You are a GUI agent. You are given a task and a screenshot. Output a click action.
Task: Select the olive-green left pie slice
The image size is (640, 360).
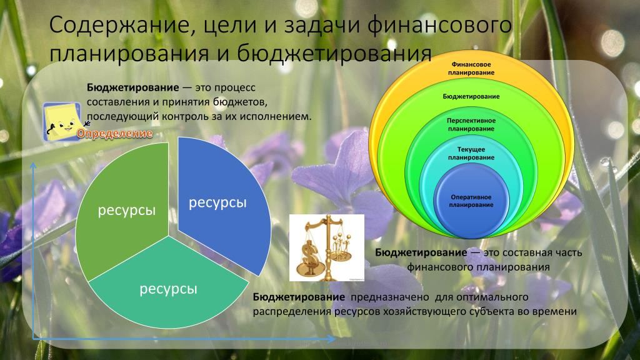pos(122,208)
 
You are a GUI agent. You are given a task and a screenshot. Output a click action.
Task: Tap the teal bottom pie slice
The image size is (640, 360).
pos(168,286)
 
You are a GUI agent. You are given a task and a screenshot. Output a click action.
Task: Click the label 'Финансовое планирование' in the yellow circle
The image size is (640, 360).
pos(471,69)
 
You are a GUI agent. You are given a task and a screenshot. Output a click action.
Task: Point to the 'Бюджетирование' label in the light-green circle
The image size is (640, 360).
pos(471,96)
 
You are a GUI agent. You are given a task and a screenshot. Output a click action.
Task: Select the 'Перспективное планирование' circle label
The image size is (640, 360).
pos(471,124)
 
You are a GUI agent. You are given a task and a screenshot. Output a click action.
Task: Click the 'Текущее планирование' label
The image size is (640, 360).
pos(471,153)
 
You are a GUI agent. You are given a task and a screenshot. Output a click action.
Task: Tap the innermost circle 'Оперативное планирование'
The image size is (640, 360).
pos(471,201)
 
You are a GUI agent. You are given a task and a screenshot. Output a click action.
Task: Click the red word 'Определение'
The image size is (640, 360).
pos(115,134)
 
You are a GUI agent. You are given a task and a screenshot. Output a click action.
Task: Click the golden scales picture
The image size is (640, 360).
pos(326,247)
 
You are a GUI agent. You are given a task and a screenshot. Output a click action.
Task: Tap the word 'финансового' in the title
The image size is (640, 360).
pos(439,25)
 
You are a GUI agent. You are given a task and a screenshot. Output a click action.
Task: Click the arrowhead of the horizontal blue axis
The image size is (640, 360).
pos(331,338)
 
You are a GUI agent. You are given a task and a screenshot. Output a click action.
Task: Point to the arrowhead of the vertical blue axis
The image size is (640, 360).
pos(33,165)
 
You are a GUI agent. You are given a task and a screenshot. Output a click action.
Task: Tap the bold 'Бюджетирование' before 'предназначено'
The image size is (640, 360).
pos(299,297)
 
